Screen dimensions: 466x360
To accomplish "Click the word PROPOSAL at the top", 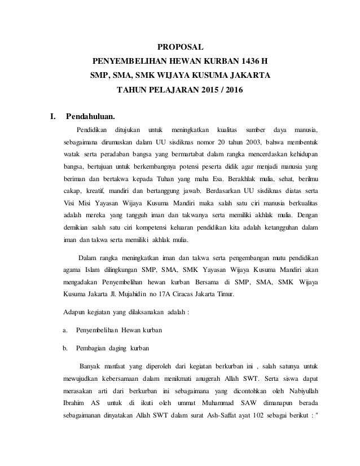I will tap(180, 46).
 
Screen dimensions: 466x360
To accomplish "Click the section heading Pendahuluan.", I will tap(90, 117).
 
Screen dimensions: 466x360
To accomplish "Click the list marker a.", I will tap(65, 329).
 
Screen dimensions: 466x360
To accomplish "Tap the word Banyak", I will tap(91, 364).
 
